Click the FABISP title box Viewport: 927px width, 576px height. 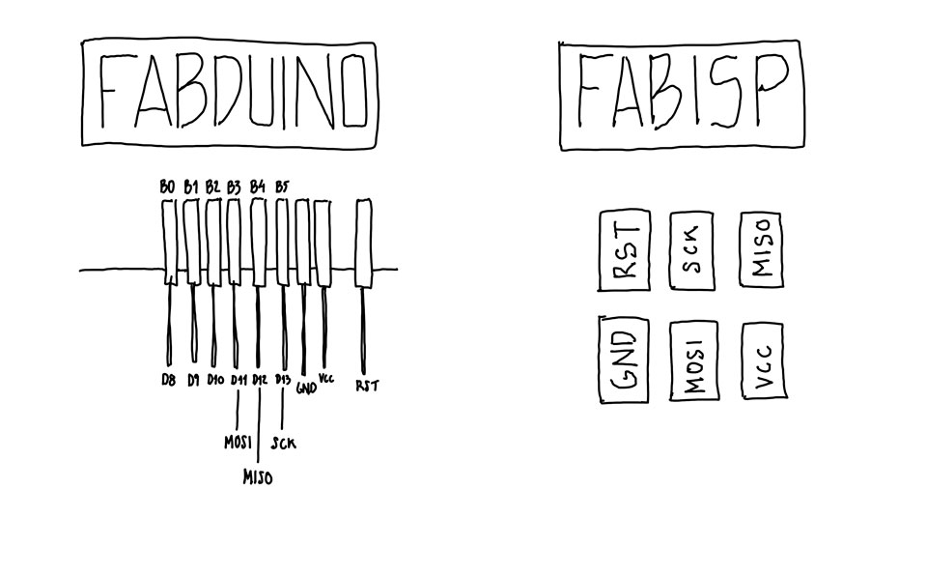point(681,95)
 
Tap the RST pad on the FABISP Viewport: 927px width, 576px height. point(626,250)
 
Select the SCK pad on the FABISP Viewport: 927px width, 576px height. point(691,249)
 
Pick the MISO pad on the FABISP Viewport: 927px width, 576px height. point(761,249)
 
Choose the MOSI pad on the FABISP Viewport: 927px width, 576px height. point(692,361)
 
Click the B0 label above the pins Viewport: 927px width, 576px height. point(167,187)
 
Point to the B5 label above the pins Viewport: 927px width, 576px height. point(282,186)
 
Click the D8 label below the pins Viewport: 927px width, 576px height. point(169,380)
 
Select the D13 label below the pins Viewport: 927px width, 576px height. point(283,380)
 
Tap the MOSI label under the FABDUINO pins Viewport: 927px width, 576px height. point(238,444)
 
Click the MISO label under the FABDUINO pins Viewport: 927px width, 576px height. point(258,476)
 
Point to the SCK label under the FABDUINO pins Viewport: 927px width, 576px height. point(284,444)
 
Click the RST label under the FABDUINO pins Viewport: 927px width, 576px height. point(367,385)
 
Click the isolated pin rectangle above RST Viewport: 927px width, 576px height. point(364,243)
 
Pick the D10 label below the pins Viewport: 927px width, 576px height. point(214,380)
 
